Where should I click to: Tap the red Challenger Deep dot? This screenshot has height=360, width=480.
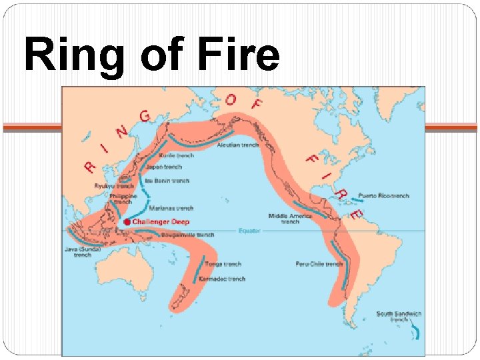point(127,222)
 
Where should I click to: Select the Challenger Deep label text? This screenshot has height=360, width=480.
point(161,222)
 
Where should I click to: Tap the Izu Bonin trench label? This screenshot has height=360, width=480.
point(171,181)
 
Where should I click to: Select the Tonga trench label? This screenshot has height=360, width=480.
point(223,264)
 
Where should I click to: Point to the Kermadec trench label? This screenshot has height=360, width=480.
point(227,279)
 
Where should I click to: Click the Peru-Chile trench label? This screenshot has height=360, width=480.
point(319,264)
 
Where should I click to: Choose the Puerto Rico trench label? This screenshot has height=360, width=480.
point(383,196)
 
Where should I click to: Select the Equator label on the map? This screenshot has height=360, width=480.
point(249,231)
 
